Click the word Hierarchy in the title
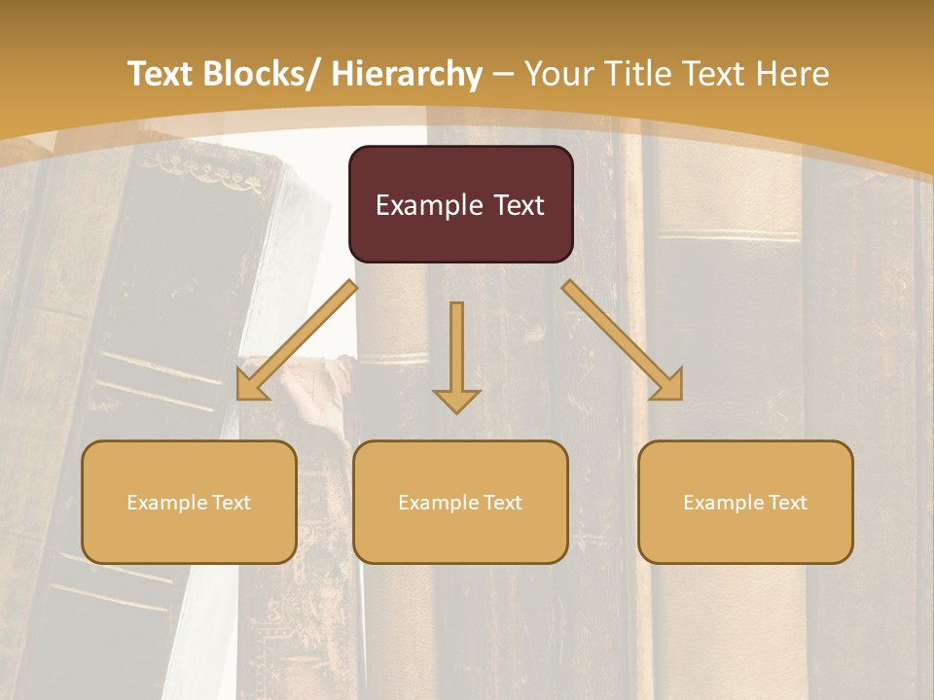(x=407, y=74)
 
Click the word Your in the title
(x=560, y=74)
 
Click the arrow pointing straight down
(x=456, y=355)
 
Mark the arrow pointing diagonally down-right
(x=623, y=340)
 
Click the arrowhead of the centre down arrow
(x=456, y=400)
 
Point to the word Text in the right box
(x=787, y=503)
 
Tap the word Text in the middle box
(x=502, y=503)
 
